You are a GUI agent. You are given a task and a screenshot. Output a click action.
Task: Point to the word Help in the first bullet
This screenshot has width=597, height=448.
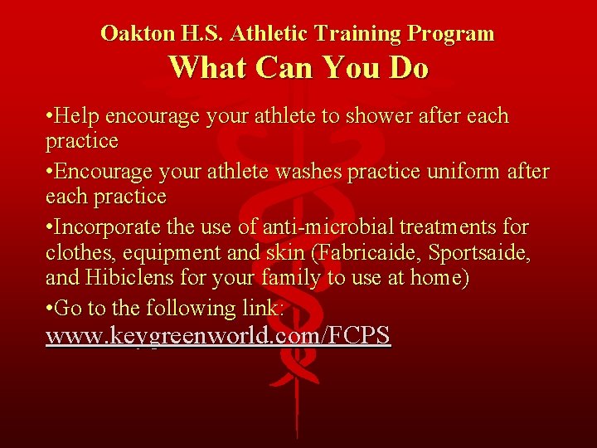tap(75, 116)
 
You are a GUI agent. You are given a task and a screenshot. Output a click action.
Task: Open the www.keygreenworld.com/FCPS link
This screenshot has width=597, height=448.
tap(218, 336)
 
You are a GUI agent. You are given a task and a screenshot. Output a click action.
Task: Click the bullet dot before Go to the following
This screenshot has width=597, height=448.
tap(50, 309)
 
